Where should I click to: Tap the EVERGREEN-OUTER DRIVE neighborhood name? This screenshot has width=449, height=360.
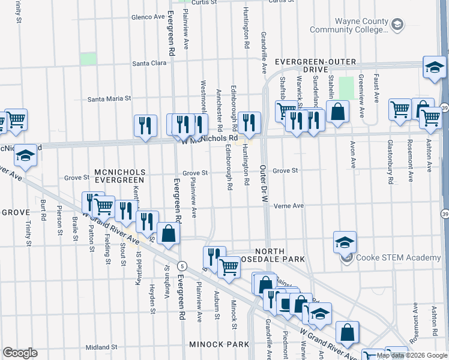316,66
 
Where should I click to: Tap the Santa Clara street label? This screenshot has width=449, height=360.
149,63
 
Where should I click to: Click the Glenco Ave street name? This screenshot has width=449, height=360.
148,17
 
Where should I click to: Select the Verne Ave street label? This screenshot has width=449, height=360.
289,206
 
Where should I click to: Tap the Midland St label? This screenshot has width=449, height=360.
101,347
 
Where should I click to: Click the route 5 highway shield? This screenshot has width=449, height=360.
181,265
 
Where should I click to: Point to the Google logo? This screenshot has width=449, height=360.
20,352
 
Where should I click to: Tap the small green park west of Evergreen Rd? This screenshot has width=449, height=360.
88,58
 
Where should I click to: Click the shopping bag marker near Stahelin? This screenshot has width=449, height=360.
337,112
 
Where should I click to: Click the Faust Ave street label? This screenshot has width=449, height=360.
376,87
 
